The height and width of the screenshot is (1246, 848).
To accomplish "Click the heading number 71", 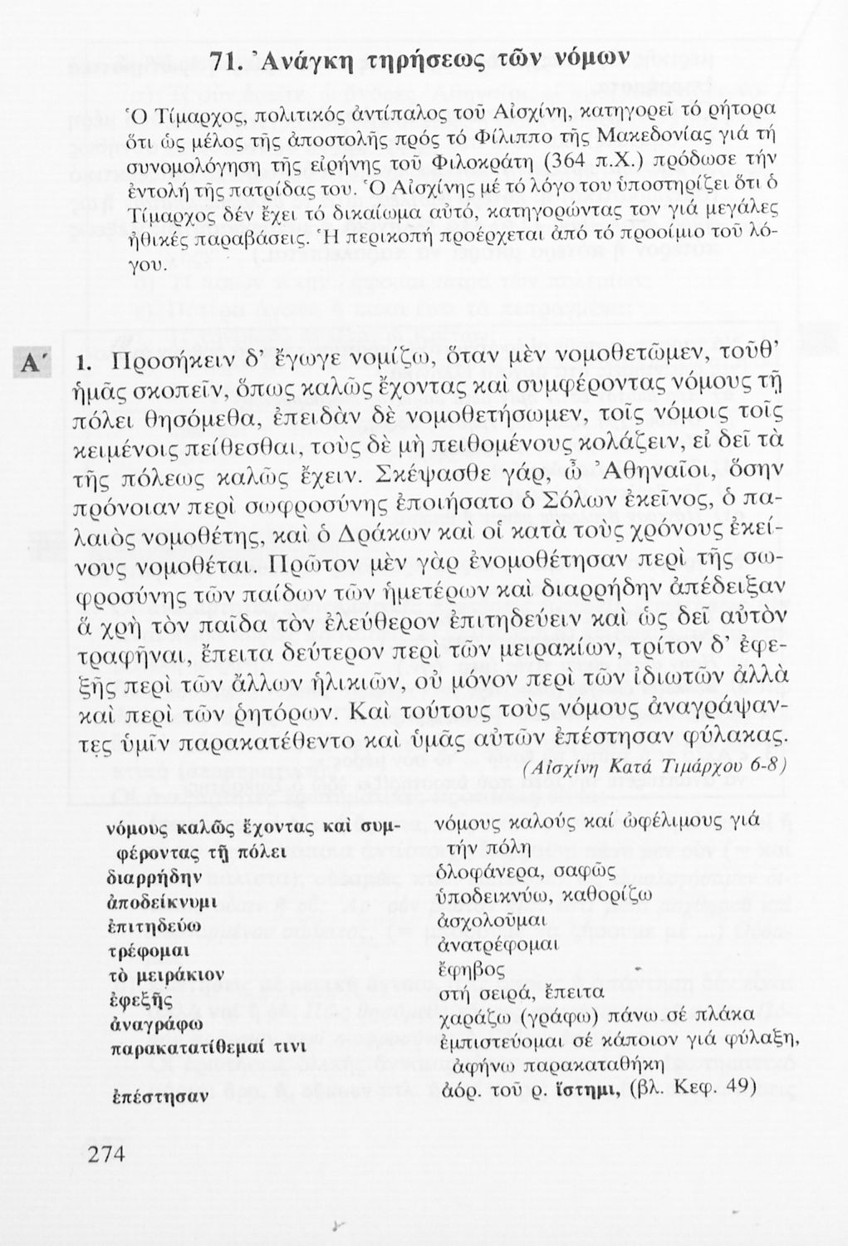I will tap(225, 63).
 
